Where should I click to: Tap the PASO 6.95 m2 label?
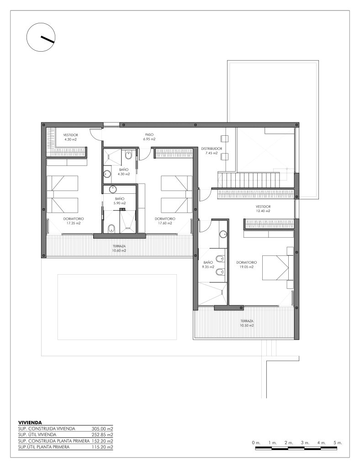pyautogui.click(x=149, y=137)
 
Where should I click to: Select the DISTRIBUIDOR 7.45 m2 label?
pyautogui.click(x=212, y=151)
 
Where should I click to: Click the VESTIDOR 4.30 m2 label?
pyautogui.click(x=70, y=137)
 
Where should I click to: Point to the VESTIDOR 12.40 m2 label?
pyautogui.click(x=263, y=208)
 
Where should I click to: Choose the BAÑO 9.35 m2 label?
pyautogui.click(x=208, y=265)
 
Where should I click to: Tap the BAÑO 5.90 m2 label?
pyautogui.click(x=120, y=201)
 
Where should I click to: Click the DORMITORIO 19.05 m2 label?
pyautogui.click(x=246, y=265)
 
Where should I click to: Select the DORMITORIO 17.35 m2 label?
pyautogui.click(x=74, y=221)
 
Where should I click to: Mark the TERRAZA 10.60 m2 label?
pyautogui.click(x=119, y=248)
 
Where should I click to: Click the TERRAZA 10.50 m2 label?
pyautogui.click(x=247, y=323)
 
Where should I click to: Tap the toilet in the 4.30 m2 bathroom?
pyautogui.click(x=128, y=155)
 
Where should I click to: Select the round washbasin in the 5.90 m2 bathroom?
pyautogui.click(x=113, y=189)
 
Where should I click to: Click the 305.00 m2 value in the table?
pyautogui.click(x=102, y=429)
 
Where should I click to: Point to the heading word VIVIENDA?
pyautogui.click(x=30, y=423)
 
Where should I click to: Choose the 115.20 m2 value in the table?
pyautogui.click(x=102, y=447)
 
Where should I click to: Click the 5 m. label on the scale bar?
pyautogui.click(x=338, y=442)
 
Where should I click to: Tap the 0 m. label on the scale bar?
pyautogui.click(x=256, y=442)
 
